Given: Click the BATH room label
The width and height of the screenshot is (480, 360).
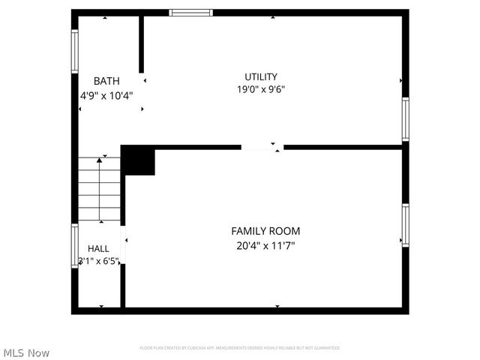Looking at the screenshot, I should point(105,81).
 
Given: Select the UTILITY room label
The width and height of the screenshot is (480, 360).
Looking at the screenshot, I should point(261,76).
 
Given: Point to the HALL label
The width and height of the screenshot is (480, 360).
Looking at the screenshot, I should point(98,248).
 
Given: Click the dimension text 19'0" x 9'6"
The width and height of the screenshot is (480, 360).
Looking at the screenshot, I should point(261,89).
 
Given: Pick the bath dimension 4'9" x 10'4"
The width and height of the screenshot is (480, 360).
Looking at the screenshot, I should point(106,95).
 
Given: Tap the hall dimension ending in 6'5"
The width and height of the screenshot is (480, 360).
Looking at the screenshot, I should point(99,261).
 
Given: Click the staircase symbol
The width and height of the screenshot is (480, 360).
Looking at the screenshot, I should point(100,189).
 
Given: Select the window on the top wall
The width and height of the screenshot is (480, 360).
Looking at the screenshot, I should point(190,13).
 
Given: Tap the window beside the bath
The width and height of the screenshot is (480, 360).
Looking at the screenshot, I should point(74,51).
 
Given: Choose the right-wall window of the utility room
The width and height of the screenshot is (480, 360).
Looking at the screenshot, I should point(405,118).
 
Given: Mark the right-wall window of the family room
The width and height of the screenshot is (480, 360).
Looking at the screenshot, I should point(405,225).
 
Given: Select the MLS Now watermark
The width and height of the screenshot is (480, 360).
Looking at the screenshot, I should point(27,352).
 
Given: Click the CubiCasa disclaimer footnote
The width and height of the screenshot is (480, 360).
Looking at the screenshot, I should point(239,348).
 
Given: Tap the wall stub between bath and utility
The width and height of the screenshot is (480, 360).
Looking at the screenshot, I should point(140,45).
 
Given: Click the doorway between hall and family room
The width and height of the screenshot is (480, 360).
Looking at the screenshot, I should point(123,244).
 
